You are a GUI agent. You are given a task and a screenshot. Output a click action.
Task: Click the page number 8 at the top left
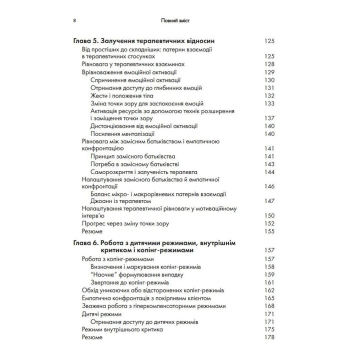point(74,21)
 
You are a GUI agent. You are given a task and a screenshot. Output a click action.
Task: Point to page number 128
point(269,64)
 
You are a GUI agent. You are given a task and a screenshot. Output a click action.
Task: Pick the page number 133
point(269,103)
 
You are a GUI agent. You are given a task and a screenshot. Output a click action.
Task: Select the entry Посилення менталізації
point(123,134)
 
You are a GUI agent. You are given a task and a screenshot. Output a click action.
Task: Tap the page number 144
point(269,172)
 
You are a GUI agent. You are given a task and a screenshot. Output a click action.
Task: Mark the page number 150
point(269,216)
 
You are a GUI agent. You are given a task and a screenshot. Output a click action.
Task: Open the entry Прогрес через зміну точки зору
point(125,223)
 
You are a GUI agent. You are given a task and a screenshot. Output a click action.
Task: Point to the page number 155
point(269,231)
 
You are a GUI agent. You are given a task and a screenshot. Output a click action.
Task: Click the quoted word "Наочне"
point(104,274)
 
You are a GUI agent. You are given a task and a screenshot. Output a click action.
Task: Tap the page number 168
point(269,306)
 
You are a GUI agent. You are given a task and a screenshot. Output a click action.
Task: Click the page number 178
point(269,337)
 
